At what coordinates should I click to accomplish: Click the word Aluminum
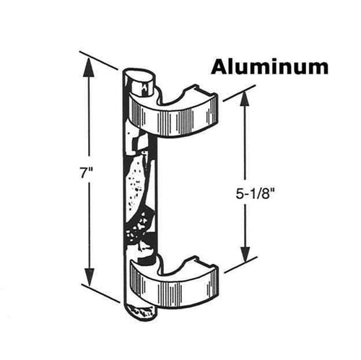coord(269,67)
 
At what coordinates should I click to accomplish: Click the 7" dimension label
coord(87,173)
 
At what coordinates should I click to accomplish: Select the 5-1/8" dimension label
coord(255,194)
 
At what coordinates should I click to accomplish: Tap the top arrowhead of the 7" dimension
coord(89,67)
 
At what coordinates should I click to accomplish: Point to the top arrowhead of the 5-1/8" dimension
coord(244,101)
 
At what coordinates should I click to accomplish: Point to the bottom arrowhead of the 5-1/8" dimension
coord(245,253)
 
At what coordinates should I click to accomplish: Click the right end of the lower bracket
coord(214,279)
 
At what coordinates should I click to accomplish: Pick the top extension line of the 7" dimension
coord(99,60)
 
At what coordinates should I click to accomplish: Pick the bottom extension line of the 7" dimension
coord(100,293)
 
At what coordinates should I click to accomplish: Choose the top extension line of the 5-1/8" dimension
coord(235,96)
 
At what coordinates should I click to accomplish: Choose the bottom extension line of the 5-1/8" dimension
coord(240,265)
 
